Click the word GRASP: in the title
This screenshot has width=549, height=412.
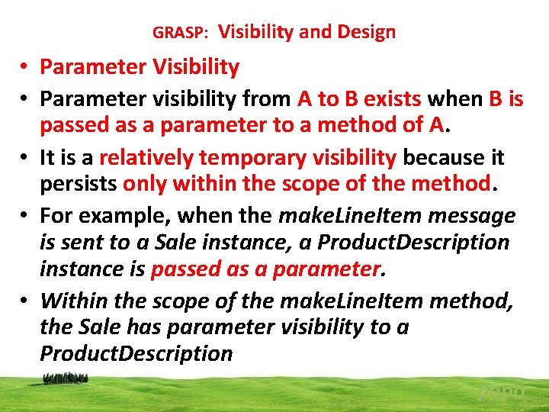[180, 33]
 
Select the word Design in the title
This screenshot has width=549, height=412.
[367, 32]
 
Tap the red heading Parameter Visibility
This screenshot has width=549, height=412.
[140, 67]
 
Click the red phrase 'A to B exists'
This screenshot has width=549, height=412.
[360, 99]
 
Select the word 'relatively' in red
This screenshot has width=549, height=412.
[147, 157]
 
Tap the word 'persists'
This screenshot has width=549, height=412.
[78, 184]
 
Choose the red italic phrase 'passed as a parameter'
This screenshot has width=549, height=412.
[266, 269]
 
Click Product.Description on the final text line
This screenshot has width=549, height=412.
[136, 354]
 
